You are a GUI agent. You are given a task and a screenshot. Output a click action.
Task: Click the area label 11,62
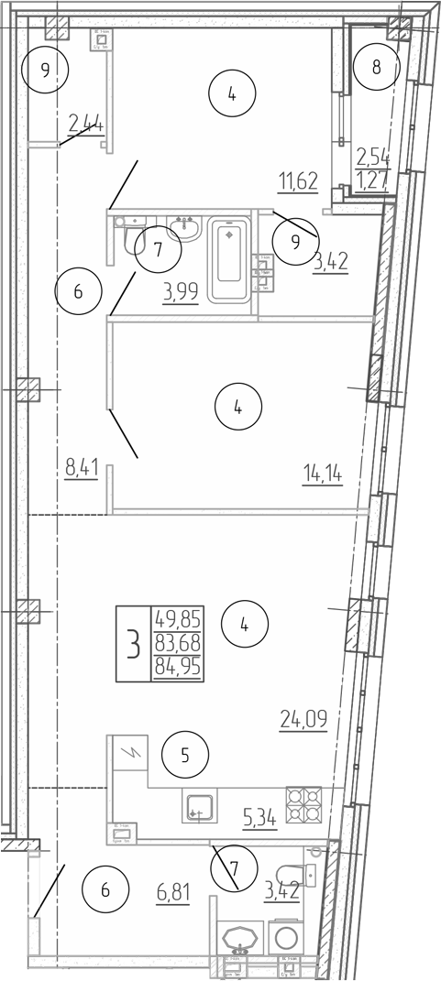tap(298, 180)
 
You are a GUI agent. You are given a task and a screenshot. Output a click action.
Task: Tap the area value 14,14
tap(323, 473)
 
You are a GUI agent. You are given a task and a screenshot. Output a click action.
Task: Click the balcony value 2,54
tap(374, 156)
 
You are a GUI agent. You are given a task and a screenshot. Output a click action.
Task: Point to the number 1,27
tap(374, 178)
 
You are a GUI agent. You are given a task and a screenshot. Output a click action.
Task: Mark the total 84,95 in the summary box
tap(180, 664)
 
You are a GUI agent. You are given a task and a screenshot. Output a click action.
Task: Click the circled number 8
tap(376, 67)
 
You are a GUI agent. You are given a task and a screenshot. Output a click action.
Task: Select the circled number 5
tap(184, 757)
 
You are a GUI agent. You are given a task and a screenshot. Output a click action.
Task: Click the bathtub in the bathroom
tap(229, 258)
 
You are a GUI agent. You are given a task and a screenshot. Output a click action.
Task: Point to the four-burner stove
tap(303, 805)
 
